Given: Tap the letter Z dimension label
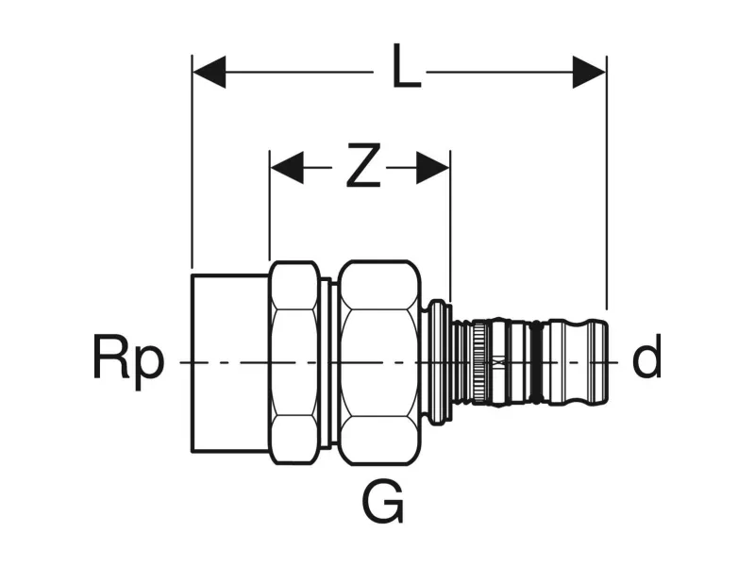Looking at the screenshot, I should (361, 167).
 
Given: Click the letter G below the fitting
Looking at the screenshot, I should (383, 502).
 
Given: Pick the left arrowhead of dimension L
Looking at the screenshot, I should (209, 72).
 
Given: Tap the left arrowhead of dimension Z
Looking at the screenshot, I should (286, 168).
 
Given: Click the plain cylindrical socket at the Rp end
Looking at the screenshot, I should (230, 362).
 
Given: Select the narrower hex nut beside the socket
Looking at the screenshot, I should (294, 362).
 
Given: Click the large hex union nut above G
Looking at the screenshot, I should (379, 362).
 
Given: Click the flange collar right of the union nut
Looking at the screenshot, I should (436, 361).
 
